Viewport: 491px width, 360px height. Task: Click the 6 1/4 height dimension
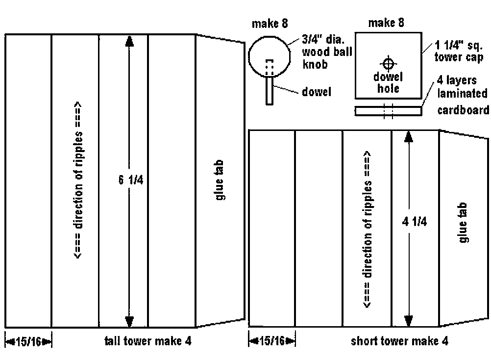pyautogui.click(x=131, y=180)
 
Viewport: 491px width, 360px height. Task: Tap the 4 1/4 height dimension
pyautogui.click(x=414, y=222)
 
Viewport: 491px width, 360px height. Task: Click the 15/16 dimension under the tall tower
pyautogui.click(x=28, y=341)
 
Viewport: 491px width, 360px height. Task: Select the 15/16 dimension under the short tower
pyautogui.click(x=272, y=340)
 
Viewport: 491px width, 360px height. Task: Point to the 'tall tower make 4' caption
pyautogui.click(x=148, y=340)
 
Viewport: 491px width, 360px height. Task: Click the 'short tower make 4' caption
pyautogui.click(x=399, y=340)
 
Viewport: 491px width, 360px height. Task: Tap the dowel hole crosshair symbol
pyautogui.click(x=388, y=64)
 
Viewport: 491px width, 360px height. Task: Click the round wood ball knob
pyautogui.click(x=270, y=56)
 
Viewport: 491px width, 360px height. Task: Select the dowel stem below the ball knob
pyautogui.click(x=270, y=91)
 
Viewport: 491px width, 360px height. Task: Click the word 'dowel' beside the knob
pyautogui.click(x=316, y=92)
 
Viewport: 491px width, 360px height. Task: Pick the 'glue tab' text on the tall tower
pyautogui.click(x=220, y=180)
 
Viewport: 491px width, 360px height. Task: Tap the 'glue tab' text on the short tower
pyautogui.click(x=463, y=222)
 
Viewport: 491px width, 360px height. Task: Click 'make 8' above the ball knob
pyautogui.click(x=270, y=24)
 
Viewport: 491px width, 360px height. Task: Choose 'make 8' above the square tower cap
pyautogui.click(x=386, y=23)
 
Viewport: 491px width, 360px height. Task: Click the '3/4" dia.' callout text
pyautogui.click(x=323, y=39)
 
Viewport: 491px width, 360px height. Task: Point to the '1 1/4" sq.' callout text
pyautogui.click(x=459, y=45)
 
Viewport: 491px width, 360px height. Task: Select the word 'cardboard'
pyautogui.click(x=463, y=110)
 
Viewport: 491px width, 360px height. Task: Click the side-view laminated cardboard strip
pyautogui.click(x=388, y=111)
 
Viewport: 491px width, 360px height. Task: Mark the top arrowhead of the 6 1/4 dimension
pyautogui.click(x=129, y=41)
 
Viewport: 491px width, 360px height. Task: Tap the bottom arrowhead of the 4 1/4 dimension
pyautogui.click(x=408, y=321)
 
